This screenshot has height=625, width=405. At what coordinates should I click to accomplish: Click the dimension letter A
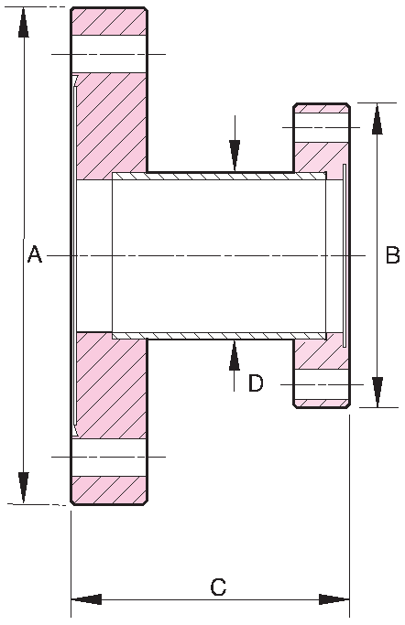pos(34,255)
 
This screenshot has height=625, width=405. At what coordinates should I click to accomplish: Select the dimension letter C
pos(218,587)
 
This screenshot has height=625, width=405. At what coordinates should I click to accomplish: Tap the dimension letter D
pos(256,383)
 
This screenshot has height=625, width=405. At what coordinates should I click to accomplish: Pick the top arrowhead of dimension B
pos(375,119)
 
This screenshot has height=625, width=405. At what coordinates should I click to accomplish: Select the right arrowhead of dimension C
pos(334,600)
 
